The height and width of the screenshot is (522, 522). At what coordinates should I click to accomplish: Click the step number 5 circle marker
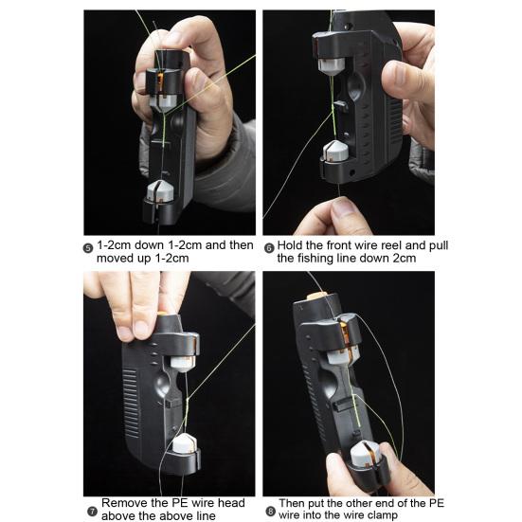click(x=88, y=248)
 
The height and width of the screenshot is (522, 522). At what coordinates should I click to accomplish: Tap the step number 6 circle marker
click(x=269, y=248)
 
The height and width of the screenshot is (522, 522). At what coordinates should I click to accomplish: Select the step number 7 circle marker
click(x=92, y=512)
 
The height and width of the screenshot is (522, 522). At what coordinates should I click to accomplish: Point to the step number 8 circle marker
click(x=271, y=512)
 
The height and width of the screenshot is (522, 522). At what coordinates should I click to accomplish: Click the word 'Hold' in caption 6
click(x=290, y=245)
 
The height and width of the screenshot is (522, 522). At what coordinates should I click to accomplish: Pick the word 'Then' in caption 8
click(x=292, y=503)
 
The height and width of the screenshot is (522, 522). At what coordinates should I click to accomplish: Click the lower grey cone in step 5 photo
click(x=160, y=191)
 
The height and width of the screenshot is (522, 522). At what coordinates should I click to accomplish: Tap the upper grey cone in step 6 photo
click(x=332, y=65)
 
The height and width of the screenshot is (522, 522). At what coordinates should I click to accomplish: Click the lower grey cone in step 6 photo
click(x=335, y=150)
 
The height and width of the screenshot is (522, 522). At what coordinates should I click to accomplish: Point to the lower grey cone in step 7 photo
click(x=185, y=443)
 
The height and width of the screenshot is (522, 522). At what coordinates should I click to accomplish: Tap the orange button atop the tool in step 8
click(x=317, y=297)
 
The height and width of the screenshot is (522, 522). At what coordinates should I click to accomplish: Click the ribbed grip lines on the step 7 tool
click(x=131, y=404)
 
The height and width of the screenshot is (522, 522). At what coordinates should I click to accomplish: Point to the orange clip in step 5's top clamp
click(x=160, y=82)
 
